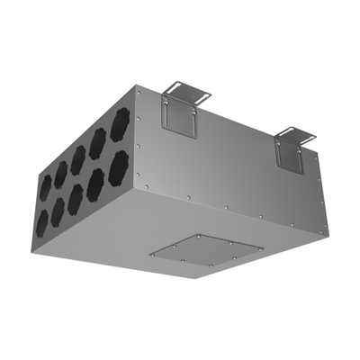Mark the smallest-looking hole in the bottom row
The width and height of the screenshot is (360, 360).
click(x=42, y=217)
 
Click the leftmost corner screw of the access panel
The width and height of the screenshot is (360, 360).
click(x=152, y=256)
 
